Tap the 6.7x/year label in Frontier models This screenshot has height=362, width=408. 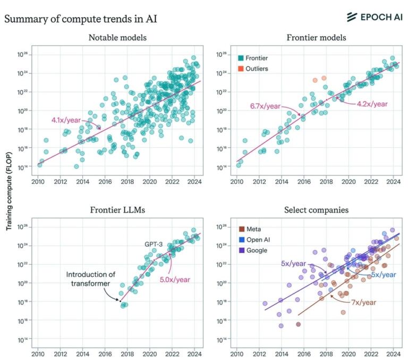(x=265, y=106)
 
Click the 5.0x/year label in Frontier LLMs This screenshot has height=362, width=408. (x=175, y=279)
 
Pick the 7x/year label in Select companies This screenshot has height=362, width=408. (x=363, y=302)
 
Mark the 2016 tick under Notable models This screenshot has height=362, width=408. (x=105, y=180)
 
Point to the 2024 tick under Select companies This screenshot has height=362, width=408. (x=393, y=352)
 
